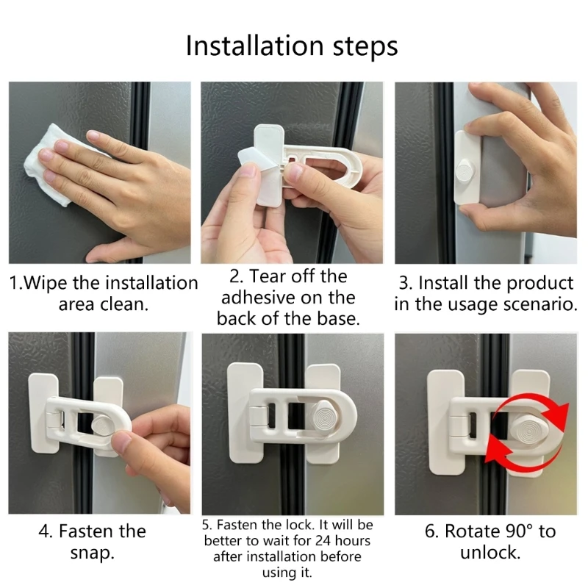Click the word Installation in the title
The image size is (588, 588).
point(254,46)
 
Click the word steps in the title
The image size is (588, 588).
point(365,48)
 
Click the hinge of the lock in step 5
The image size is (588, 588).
point(258,415)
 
